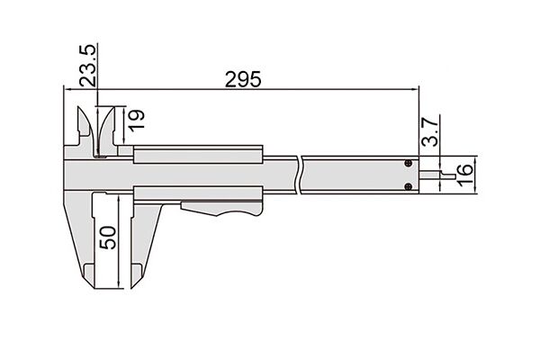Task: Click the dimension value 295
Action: click(x=243, y=79)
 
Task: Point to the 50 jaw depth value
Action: click(x=108, y=238)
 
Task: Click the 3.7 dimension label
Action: click(x=430, y=131)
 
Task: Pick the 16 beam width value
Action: click(x=464, y=175)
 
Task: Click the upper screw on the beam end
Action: click(x=409, y=163)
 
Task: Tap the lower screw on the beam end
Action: click(x=409, y=187)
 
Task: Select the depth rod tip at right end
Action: click(x=454, y=176)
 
